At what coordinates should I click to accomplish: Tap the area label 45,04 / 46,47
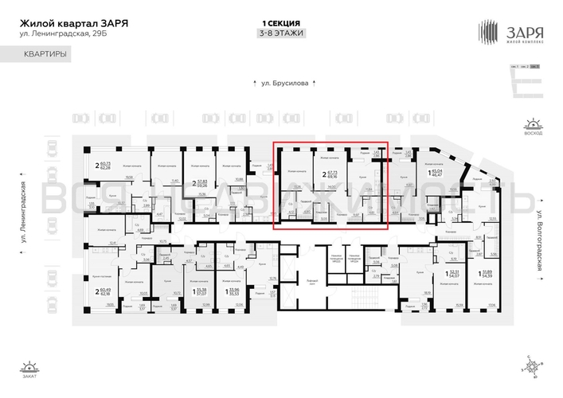click(x=435, y=172)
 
